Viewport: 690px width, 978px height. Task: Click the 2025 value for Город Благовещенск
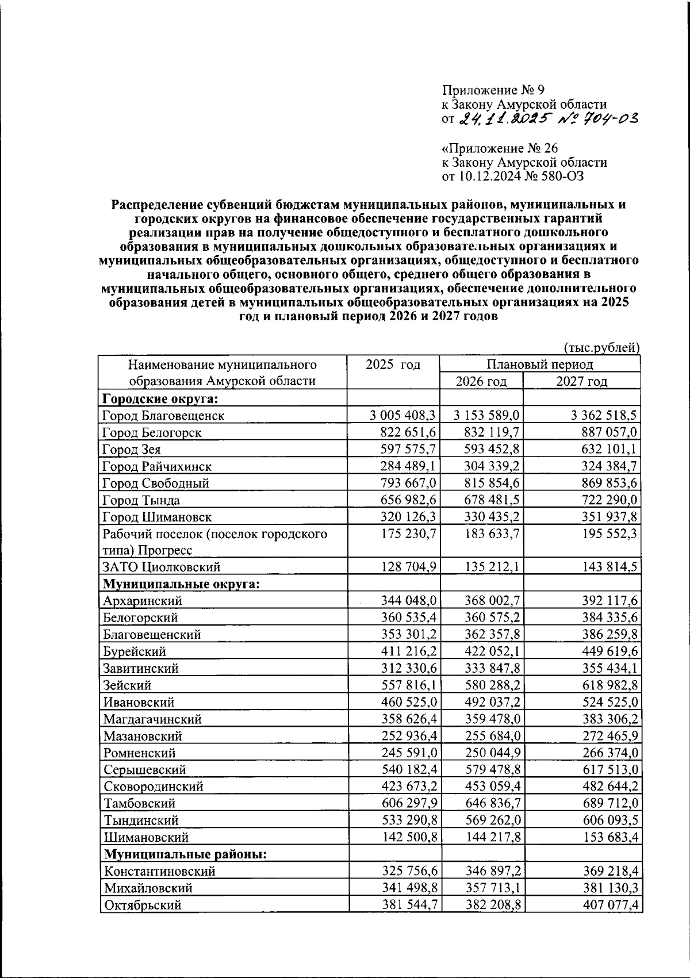402,415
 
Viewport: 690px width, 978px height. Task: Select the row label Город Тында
141,500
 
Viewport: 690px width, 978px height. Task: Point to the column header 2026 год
481,382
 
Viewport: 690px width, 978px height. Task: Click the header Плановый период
539,365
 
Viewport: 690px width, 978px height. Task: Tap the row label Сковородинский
154,787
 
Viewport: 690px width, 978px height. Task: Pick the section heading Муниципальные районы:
185,854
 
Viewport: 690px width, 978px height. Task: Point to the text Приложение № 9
493,90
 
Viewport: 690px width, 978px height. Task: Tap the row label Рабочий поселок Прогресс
215,542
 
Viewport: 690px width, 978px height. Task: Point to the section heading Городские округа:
163,398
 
